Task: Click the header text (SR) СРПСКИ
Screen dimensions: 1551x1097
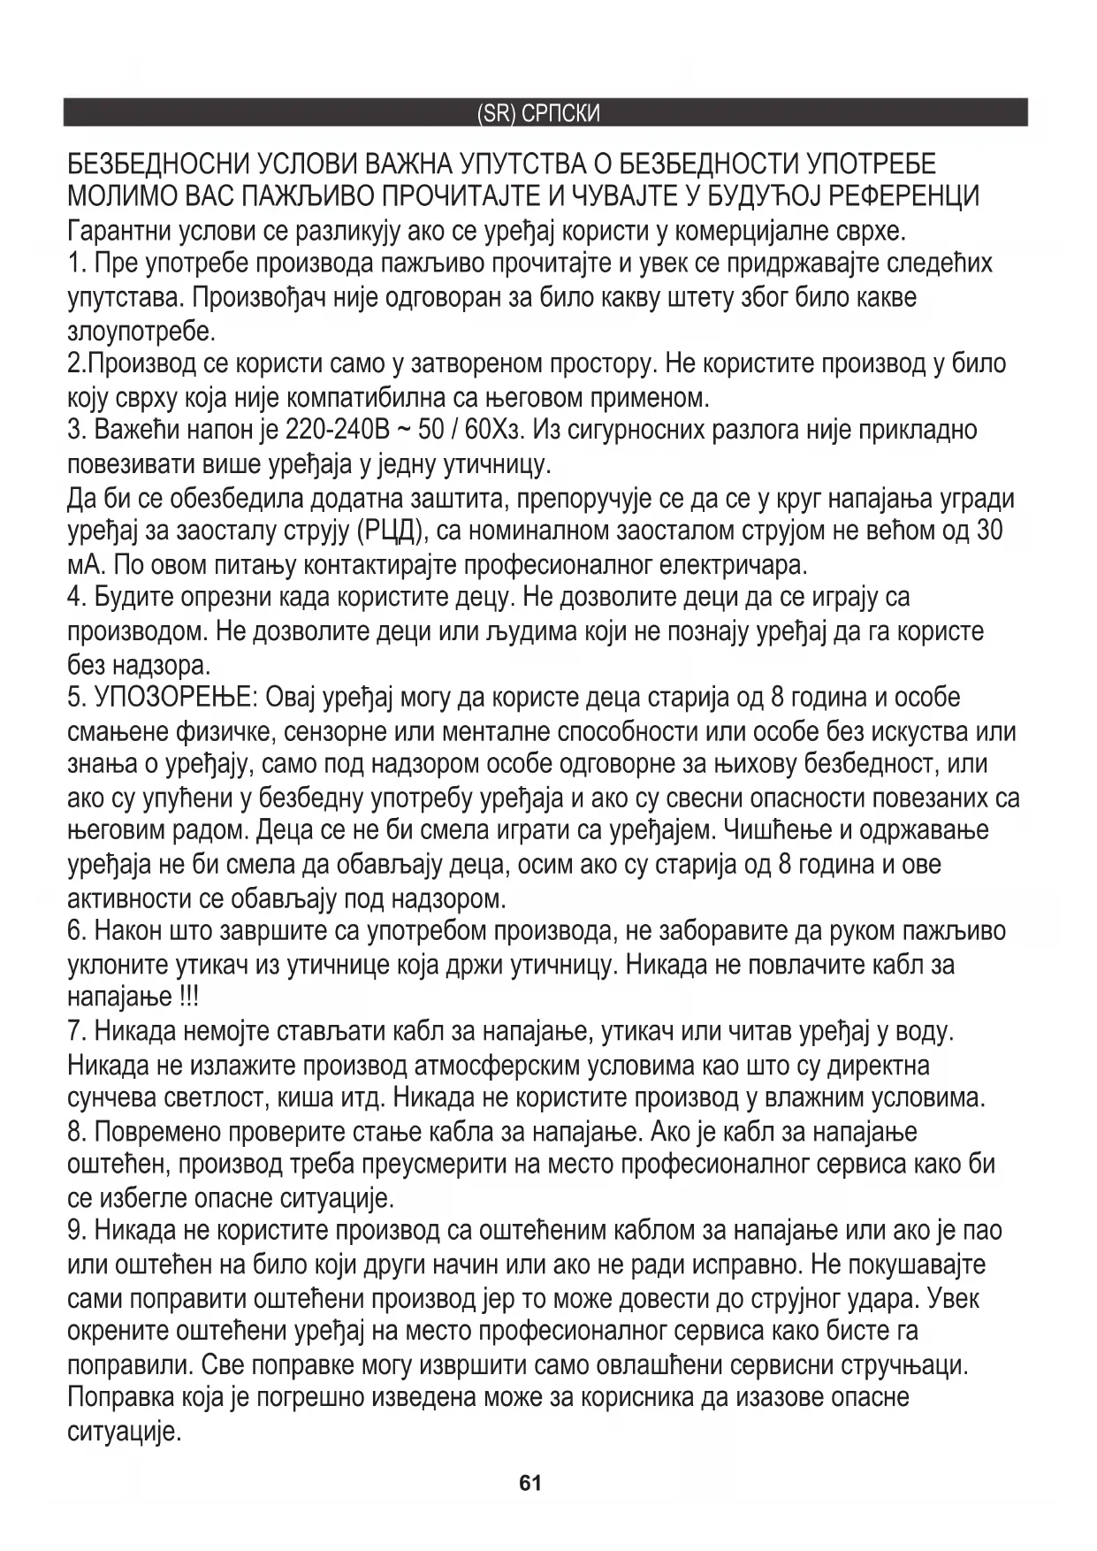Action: (x=538, y=114)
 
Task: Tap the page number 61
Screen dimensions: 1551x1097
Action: (x=530, y=1483)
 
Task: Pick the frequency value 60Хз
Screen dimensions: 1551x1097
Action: (x=497, y=431)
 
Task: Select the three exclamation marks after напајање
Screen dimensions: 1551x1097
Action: (x=188, y=997)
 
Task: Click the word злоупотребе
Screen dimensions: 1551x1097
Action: (x=141, y=332)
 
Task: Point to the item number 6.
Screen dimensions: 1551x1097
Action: (x=76, y=931)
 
